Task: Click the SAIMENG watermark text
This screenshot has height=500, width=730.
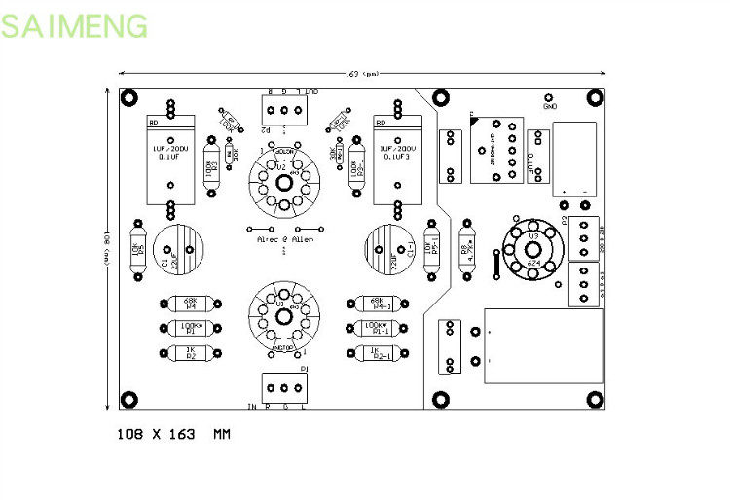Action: [75, 25]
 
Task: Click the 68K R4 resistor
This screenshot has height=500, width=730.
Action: [190, 305]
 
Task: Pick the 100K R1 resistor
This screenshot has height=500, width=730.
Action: [190, 329]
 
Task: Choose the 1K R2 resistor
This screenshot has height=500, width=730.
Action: [190, 353]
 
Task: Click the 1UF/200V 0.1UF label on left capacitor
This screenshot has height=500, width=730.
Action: [165, 153]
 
